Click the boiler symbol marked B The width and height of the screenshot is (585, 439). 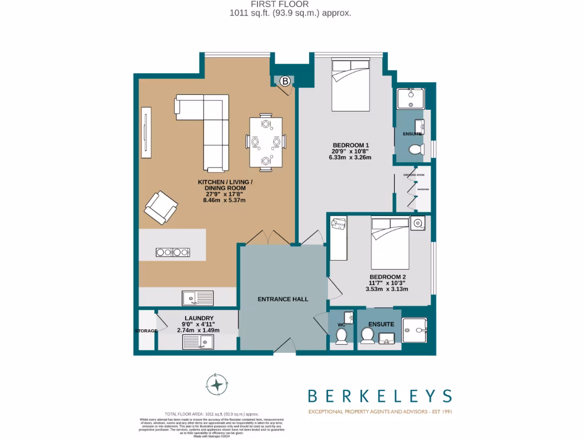285,81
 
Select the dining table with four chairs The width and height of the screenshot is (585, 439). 266,142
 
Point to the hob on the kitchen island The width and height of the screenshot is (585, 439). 173,252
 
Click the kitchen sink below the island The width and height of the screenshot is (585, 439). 198,297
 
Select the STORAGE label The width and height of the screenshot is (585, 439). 146,331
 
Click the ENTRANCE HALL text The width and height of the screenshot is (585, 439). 283,299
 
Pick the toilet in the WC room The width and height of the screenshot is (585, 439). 342,336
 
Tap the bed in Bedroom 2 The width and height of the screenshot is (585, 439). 390,243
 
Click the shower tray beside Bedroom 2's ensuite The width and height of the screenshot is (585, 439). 418,330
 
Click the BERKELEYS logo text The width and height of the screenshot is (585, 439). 380,396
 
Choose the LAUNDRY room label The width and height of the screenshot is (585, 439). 199,318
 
